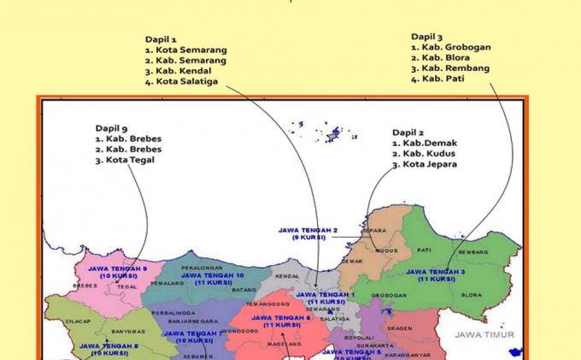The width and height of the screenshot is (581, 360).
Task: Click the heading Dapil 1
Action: tap(161, 39)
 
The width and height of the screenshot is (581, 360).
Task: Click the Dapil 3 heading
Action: tap(426, 37)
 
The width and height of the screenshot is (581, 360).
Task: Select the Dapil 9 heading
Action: tap(111, 128)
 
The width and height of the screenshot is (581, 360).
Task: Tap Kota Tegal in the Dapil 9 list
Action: tap(130, 159)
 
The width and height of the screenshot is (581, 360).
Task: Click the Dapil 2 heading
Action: tap(408, 133)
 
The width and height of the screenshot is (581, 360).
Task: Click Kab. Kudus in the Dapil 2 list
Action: tap(429, 154)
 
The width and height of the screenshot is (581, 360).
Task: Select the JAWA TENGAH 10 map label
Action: tap(212, 275)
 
